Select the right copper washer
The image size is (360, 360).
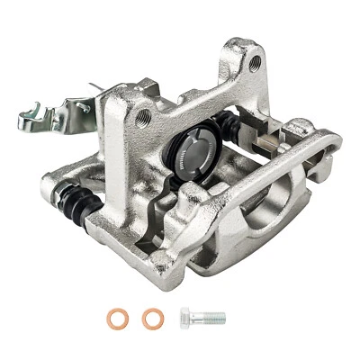tap(149, 318)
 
